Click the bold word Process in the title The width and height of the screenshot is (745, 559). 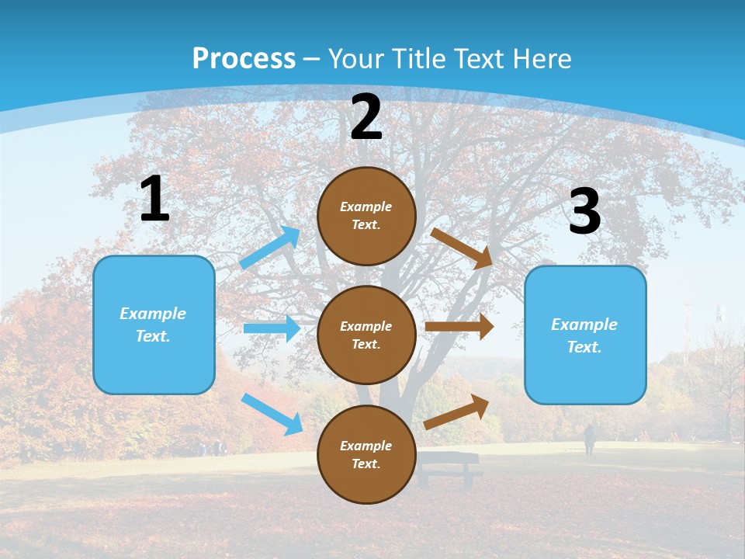tap(244, 58)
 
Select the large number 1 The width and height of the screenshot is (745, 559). tap(154, 199)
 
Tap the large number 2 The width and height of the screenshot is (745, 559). tap(366, 117)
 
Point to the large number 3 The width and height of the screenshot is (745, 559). tap(584, 211)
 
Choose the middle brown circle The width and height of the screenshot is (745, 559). tap(366, 335)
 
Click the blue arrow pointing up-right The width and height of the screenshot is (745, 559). tap(270, 247)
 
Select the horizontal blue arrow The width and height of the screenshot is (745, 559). tap(272, 328)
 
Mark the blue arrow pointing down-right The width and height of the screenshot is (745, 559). tap(272, 413)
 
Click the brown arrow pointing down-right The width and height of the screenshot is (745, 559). tap(462, 248)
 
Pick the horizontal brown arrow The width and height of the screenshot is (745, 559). tap(459, 327)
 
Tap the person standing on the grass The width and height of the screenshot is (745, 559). tap(590, 439)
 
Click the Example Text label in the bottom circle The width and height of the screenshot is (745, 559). tap(366, 455)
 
